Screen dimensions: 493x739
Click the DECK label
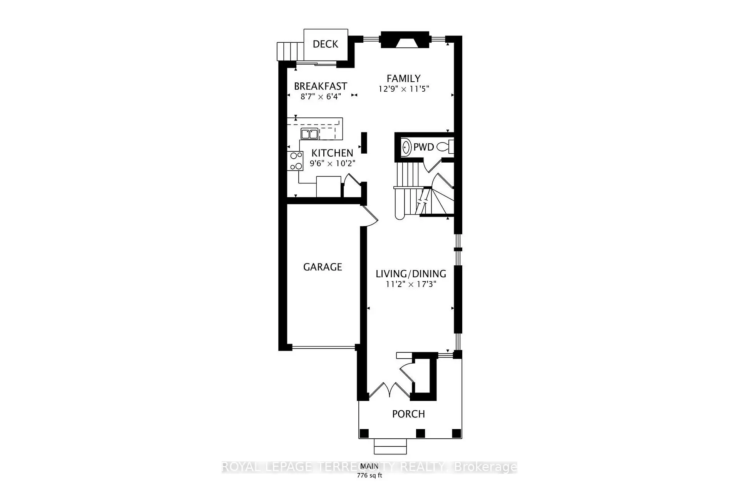point(325,44)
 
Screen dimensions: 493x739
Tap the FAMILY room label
point(403,79)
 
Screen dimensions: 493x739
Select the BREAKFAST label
point(320,86)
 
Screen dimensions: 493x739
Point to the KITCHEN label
point(332,153)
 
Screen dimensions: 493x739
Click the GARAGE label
point(323,267)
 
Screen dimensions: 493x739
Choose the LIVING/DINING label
point(411,274)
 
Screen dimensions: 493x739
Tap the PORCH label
point(408,414)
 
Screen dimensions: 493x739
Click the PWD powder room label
point(423,147)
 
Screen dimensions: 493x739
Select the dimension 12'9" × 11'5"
point(403,89)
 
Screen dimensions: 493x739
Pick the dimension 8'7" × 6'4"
point(321,97)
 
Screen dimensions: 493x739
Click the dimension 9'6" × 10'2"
point(332,163)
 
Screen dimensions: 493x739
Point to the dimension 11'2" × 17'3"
point(411,284)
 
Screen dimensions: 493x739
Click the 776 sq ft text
point(369,475)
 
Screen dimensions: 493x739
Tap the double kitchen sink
point(309,134)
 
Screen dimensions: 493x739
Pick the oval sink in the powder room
point(406,147)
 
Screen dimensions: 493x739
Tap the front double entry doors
point(389,390)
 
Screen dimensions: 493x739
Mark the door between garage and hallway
point(371,215)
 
